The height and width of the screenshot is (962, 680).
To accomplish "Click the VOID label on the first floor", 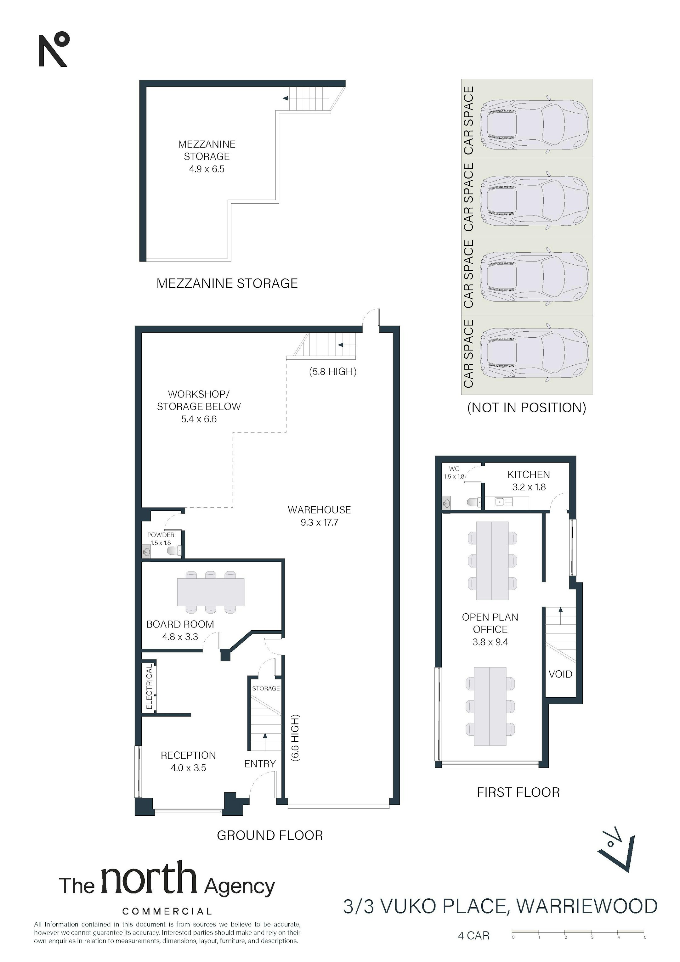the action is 560,674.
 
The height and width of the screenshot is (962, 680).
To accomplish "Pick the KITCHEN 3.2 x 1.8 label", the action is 529,481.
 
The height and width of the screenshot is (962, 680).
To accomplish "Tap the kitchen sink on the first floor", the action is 503,502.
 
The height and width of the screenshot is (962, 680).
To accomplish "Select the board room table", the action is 211,592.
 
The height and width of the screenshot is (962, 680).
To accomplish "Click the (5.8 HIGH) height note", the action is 333,371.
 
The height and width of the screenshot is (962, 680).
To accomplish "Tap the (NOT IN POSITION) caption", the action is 527,408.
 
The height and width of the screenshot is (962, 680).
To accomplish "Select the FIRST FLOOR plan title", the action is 518,792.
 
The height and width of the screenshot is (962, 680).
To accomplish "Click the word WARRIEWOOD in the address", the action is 586,906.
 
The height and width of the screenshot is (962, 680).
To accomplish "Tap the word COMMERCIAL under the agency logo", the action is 167,911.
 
